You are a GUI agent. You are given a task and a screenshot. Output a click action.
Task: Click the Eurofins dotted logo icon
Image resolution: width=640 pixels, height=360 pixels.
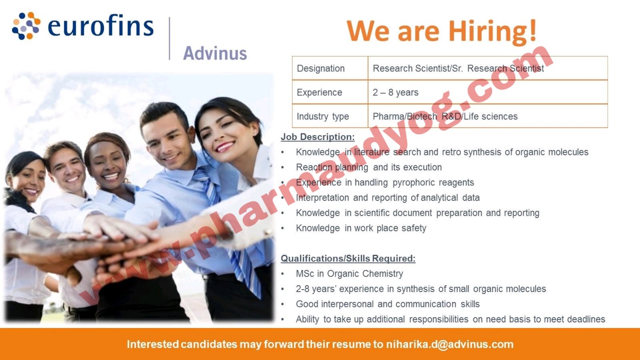click(26, 26)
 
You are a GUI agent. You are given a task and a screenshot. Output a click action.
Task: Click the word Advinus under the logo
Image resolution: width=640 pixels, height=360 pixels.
click(215, 53)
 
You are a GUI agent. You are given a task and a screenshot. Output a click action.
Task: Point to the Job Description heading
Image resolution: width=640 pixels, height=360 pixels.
click(318, 137)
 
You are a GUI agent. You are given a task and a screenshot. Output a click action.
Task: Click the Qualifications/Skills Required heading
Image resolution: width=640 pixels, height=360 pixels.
click(348, 258)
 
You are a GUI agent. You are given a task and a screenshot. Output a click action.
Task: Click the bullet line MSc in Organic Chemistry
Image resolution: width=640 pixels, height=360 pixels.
click(349, 274)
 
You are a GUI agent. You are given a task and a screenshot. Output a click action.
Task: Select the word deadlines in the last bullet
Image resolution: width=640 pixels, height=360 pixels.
click(586, 319)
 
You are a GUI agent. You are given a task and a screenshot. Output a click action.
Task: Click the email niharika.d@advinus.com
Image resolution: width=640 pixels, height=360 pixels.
click(450, 344)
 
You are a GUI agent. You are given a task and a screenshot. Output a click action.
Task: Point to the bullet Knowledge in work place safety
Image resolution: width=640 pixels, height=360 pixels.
click(361, 228)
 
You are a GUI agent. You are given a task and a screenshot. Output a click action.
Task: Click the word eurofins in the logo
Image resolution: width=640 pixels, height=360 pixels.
click(100, 26)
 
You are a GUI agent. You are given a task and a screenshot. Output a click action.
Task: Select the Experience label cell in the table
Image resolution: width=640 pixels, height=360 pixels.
click(319, 92)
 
